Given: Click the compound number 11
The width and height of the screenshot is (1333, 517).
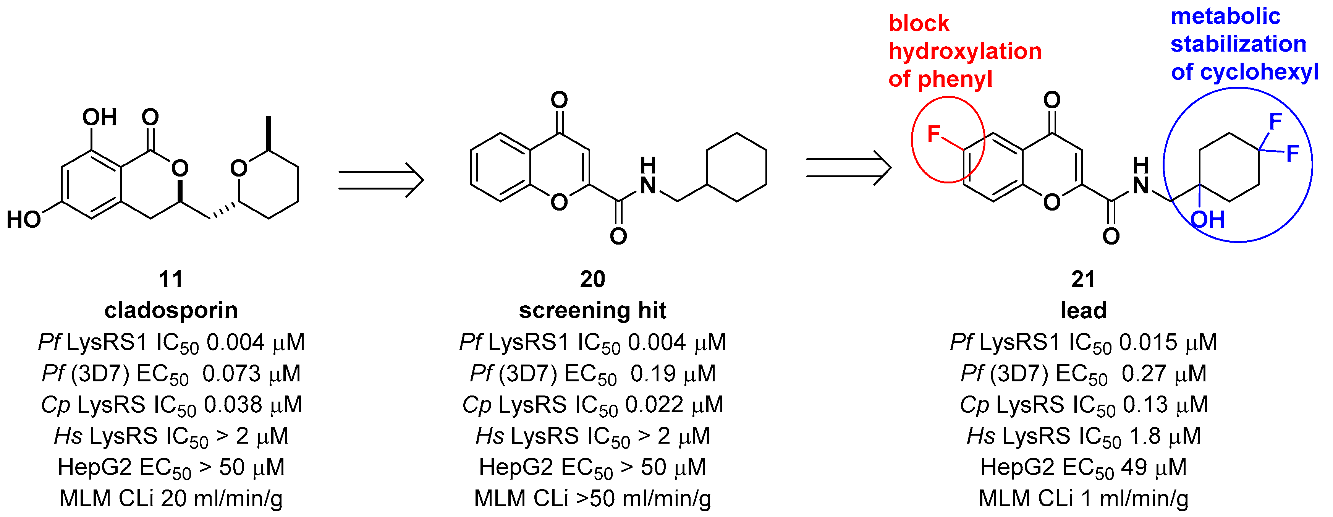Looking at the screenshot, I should click(171, 279).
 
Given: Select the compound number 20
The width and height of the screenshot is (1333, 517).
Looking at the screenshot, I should click(592, 279).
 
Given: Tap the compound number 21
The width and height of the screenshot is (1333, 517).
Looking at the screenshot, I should click(1083, 279).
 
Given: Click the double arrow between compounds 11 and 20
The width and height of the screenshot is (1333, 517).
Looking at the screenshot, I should click(381, 180).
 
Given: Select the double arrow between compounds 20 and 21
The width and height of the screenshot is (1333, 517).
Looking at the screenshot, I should click(849, 168).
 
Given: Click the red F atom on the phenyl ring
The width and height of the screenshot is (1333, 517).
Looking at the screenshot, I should click(933, 135).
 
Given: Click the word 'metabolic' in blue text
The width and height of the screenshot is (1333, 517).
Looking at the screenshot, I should click(1225, 16).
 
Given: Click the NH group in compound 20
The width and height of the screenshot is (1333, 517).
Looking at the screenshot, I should click(648, 176).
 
